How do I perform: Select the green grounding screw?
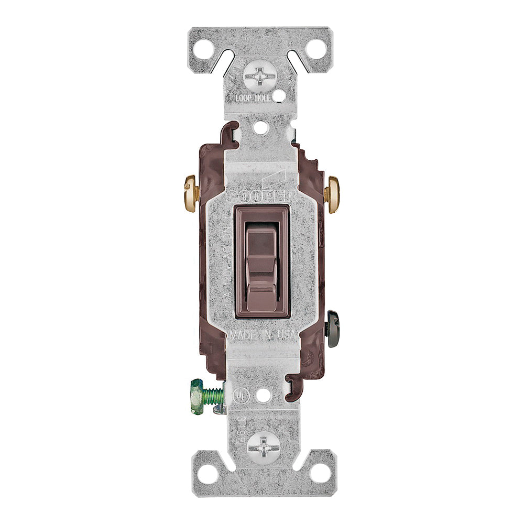click(205, 394)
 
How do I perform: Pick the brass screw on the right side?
click(332, 190)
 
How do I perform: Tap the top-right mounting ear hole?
click(316, 49)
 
